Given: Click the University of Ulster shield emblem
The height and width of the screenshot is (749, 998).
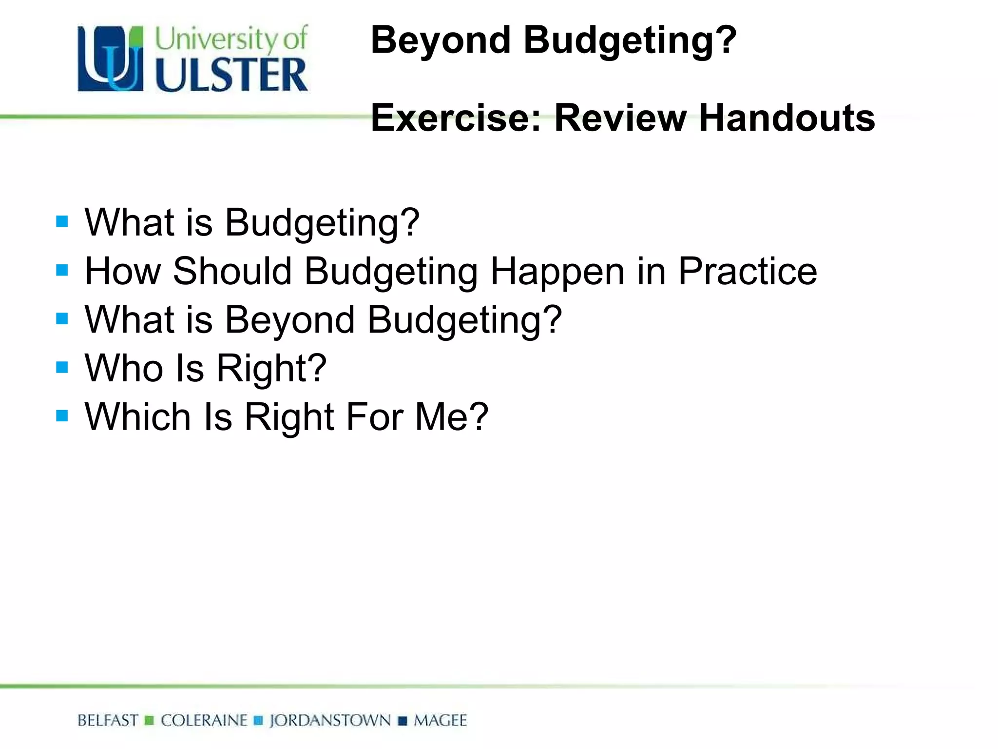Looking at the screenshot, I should tap(111, 59).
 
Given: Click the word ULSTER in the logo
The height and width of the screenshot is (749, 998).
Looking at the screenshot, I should tap(231, 75).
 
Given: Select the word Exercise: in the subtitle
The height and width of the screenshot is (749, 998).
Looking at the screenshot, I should tap(456, 118).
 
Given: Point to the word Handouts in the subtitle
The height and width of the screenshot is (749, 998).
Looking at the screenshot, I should tap(787, 118).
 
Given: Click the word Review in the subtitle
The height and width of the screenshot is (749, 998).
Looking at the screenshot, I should tap(620, 118).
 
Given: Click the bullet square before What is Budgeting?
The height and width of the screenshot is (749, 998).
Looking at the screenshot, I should tap(62, 222).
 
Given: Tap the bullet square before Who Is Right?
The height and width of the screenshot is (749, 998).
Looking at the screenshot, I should tap(62, 367).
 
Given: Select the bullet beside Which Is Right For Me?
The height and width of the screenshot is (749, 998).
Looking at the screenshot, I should tap(62, 416).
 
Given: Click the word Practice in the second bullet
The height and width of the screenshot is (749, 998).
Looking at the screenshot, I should tap(748, 271).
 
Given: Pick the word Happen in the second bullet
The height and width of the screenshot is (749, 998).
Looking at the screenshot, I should tap(557, 272).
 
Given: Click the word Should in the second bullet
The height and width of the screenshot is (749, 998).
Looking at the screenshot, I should tap(232, 271).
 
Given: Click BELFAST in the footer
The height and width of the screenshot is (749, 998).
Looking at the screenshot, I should tap(108, 720).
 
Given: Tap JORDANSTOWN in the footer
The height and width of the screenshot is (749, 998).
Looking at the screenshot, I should tap(330, 720).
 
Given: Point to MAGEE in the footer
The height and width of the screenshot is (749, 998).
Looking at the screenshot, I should tap(440, 720).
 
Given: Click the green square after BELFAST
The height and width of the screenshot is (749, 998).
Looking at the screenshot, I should tap(150, 721).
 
